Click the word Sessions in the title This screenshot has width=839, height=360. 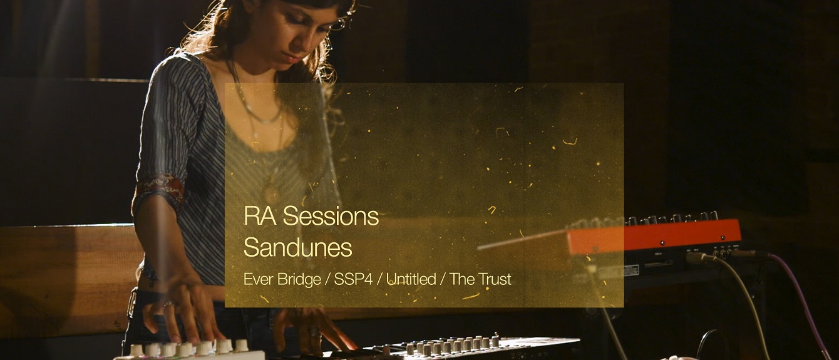pyautogui.click(x=331, y=217)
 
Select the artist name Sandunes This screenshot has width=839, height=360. pyautogui.click(x=297, y=248)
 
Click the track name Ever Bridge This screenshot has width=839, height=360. pyautogui.click(x=282, y=279)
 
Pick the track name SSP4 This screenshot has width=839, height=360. pyautogui.click(x=353, y=279)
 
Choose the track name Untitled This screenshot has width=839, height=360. pyautogui.click(x=411, y=279)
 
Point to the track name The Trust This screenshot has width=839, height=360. pyautogui.click(x=480, y=279)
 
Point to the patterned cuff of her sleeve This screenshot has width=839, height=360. pyautogui.click(x=160, y=188)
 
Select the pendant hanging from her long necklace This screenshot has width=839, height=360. pyautogui.click(x=270, y=191)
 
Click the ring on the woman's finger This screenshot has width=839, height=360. pyautogui.click(x=168, y=304)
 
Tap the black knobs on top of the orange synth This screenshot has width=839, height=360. pyautogui.click(x=664, y=219)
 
